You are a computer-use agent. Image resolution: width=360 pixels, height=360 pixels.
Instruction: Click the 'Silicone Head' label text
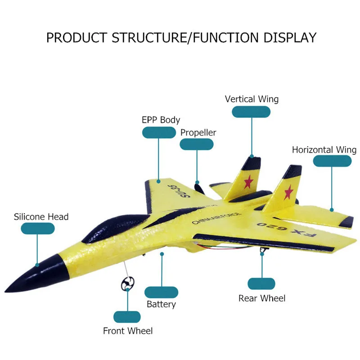click(x=41, y=216)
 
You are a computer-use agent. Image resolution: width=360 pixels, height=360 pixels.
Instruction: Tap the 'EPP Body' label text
click(x=161, y=120)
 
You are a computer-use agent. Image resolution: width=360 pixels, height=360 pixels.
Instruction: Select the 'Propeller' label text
click(x=198, y=132)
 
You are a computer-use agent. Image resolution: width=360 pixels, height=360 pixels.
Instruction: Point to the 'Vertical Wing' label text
click(x=252, y=99)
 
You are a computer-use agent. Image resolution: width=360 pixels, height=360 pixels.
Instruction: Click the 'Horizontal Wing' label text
click(x=324, y=150)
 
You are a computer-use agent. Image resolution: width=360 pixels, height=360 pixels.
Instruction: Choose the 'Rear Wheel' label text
click(x=262, y=298)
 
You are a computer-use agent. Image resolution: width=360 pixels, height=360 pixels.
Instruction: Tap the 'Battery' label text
click(x=161, y=304)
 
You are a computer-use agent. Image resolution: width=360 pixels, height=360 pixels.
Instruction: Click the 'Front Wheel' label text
click(x=128, y=331)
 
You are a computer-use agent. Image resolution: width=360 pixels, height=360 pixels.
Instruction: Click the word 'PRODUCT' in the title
click(x=76, y=37)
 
